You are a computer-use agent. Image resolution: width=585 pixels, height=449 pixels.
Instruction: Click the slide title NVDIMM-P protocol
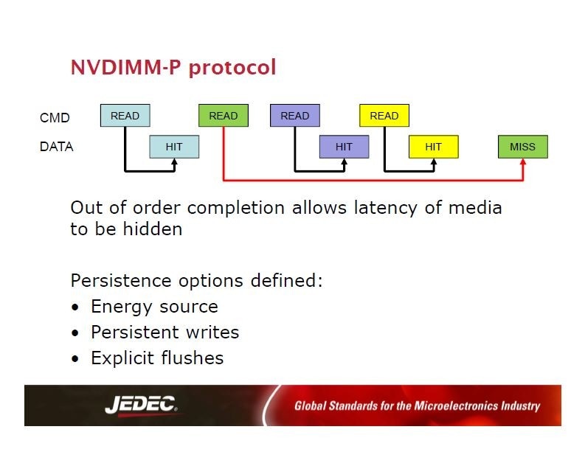[173, 68]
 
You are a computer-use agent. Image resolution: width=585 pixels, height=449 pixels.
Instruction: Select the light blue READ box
[125, 116]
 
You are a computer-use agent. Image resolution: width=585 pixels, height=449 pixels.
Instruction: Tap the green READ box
[224, 116]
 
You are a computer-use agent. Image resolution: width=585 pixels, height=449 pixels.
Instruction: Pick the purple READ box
[295, 116]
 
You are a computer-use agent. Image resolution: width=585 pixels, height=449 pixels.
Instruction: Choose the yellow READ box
[384, 116]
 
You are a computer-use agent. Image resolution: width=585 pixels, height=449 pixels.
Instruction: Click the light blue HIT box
[174, 147]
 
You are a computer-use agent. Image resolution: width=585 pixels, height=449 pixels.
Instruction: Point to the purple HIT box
[344, 147]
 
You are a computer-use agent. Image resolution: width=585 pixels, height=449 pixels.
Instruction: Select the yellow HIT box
[433, 147]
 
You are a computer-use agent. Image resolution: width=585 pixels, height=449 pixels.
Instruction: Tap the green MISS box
[523, 147]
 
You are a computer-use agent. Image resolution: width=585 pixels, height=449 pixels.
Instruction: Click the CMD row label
[55, 117]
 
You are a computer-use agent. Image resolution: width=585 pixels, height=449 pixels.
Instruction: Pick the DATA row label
[57, 147]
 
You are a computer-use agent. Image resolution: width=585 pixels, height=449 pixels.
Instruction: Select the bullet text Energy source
[154, 307]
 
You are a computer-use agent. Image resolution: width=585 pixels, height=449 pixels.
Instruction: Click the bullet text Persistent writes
[165, 333]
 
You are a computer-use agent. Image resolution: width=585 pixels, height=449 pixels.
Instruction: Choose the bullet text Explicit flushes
[157, 358]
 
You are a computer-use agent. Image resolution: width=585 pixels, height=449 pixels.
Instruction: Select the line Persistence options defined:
[197, 281]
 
